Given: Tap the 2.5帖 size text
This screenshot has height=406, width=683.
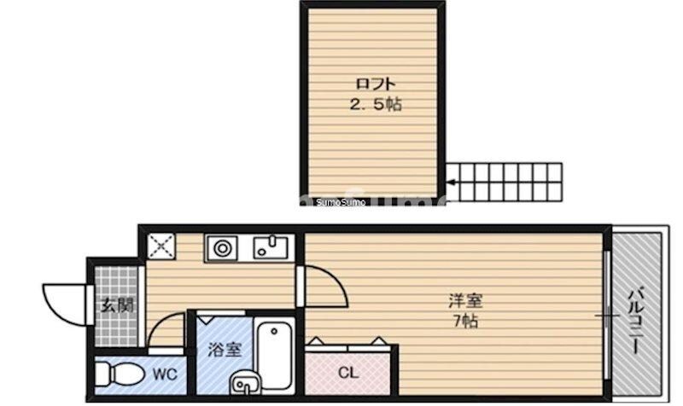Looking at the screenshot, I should click(374, 106).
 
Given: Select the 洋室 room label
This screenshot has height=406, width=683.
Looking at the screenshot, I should click(466, 301).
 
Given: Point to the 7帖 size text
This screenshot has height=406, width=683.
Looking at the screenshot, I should click(465, 322).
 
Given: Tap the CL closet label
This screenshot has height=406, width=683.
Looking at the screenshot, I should click(347, 373).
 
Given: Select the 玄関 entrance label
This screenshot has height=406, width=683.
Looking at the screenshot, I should click(117, 305).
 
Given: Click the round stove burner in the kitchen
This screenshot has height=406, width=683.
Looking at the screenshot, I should click(224, 249).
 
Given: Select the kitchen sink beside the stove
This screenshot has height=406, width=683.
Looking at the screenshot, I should click(272, 249).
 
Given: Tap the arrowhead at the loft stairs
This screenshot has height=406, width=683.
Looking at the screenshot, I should click(450, 181).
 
